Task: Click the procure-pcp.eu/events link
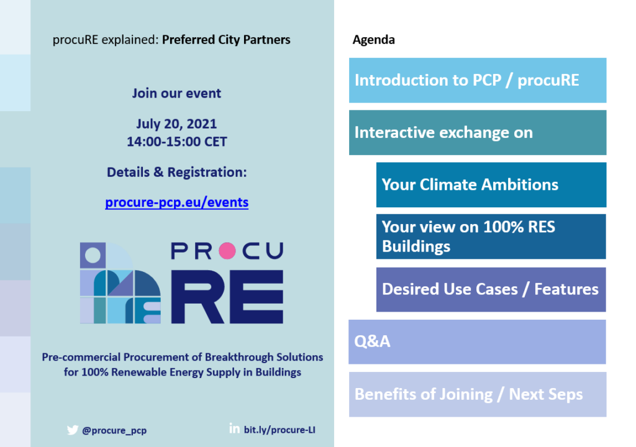click(176, 202)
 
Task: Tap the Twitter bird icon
click(72, 430)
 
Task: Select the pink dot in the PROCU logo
click(227, 251)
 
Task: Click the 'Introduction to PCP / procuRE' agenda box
click(478, 80)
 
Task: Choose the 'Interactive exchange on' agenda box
click(478, 133)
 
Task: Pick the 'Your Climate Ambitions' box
click(491, 185)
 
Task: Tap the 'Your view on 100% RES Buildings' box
click(491, 237)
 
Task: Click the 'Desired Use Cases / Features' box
click(491, 289)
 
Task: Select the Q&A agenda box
click(478, 341)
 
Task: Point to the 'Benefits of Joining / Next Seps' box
click(478, 394)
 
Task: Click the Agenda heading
click(373, 40)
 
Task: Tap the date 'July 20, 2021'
click(176, 124)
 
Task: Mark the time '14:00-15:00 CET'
click(177, 142)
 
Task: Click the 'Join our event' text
click(176, 93)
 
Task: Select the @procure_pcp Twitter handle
click(114, 430)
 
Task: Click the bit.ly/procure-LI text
click(279, 430)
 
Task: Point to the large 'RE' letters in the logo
click(227, 297)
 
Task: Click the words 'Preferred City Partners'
click(226, 40)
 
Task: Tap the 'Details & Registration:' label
click(177, 172)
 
